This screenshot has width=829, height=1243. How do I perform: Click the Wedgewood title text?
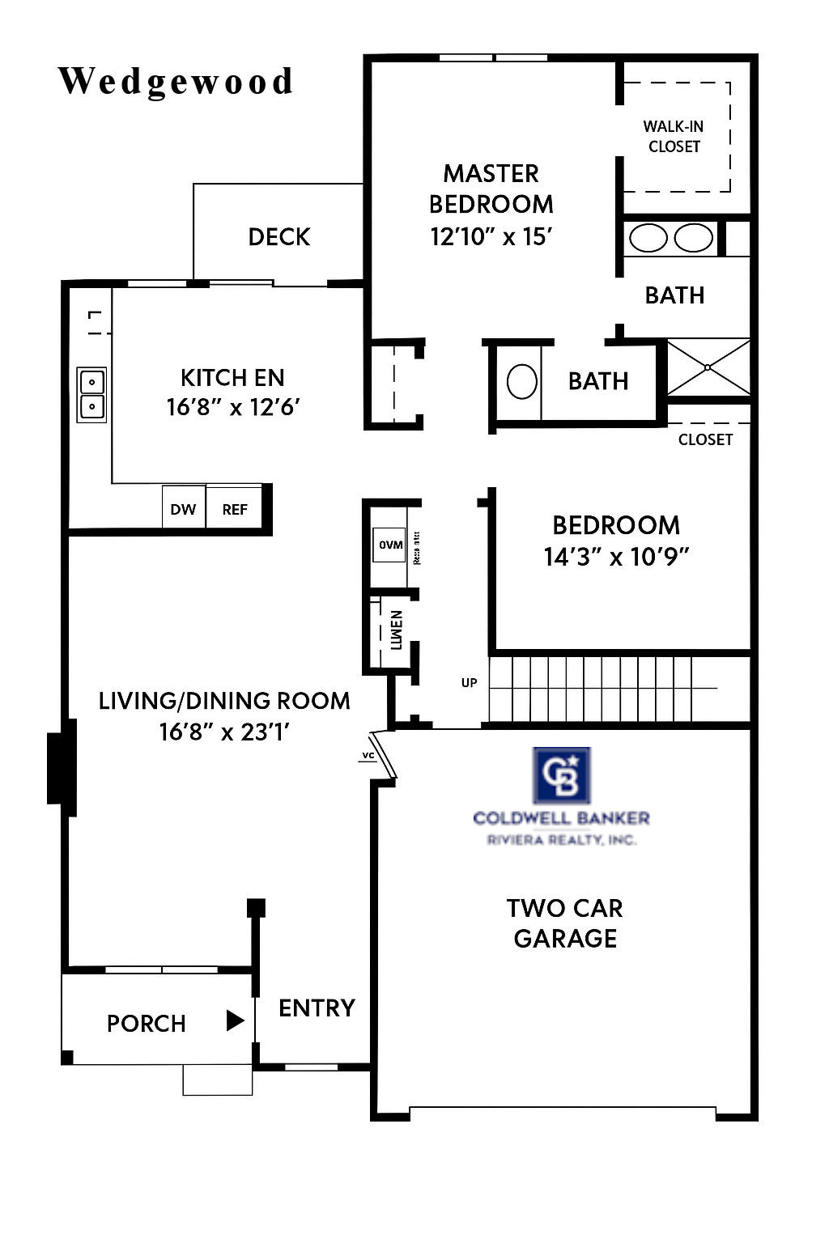coord(176,82)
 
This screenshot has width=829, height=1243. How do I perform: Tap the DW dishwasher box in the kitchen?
coord(183,508)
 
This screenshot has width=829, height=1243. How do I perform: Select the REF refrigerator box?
coord(235,508)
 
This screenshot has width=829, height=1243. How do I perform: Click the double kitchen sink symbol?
coord(91,394)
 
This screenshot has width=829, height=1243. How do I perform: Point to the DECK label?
coord(279,236)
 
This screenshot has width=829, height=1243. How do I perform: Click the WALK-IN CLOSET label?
coord(674,136)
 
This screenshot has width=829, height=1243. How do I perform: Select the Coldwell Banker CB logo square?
coord(561,775)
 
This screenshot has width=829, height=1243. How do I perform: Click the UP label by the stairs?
coord(470,682)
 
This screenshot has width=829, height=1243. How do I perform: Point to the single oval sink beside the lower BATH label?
coord(522,381)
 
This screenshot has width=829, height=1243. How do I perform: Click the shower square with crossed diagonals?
coord(708,367)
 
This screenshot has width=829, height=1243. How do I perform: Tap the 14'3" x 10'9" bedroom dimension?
coord(616,557)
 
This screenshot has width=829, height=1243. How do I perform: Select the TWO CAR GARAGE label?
coord(565,923)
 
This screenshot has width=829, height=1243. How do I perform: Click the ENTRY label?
coord(317,1008)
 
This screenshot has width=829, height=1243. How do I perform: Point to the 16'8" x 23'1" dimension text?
coord(224,732)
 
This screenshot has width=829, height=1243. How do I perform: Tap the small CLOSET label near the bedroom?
coord(705,439)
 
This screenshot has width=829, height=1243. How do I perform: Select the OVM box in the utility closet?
coord(390,545)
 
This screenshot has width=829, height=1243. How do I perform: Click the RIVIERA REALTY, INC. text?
coord(561,840)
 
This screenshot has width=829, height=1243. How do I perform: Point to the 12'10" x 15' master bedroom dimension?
coord(491,236)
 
